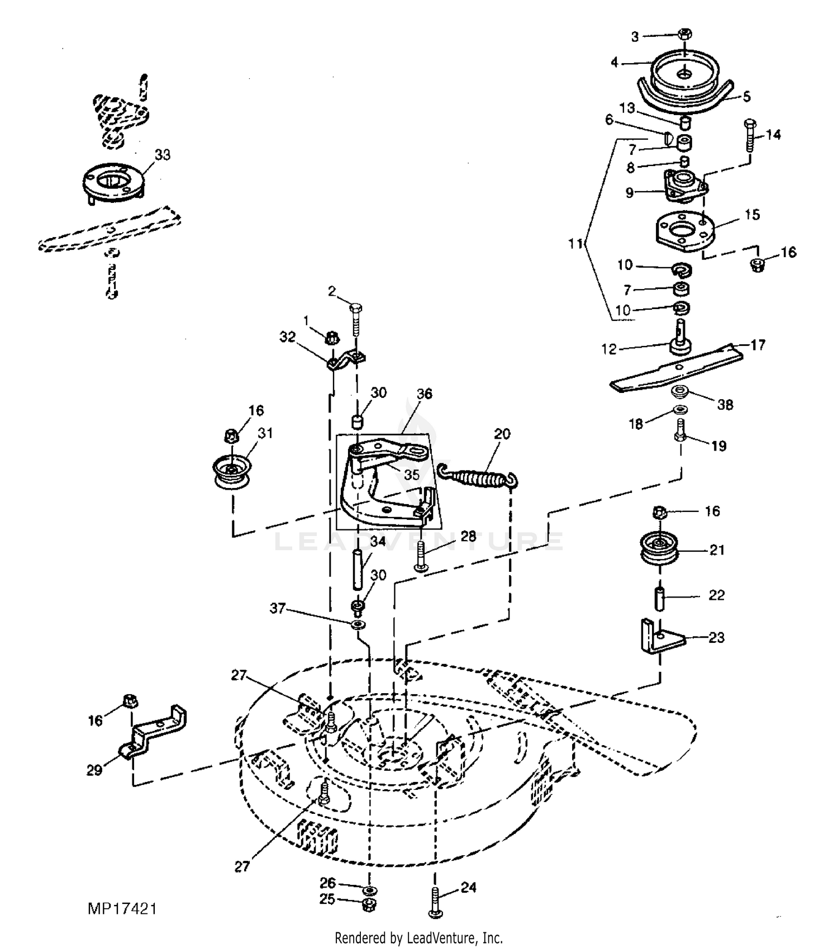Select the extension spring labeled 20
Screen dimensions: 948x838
point(478,473)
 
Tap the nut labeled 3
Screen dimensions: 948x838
point(684,34)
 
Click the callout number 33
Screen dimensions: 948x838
point(162,155)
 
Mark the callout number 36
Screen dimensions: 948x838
point(424,394)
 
